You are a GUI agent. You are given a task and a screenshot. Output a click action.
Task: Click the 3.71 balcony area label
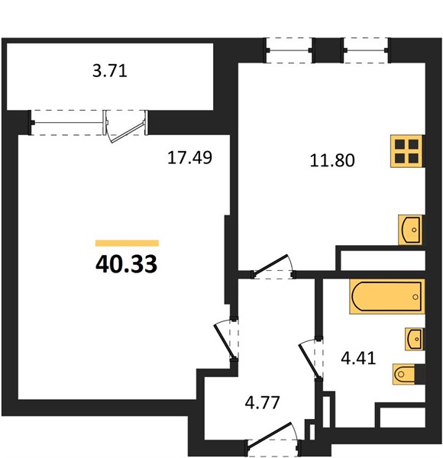(110, 71)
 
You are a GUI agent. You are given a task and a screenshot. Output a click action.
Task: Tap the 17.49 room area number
(190, 157)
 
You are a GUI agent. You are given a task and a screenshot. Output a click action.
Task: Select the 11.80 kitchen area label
(332, 160)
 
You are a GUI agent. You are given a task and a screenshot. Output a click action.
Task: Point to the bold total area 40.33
(127, 264)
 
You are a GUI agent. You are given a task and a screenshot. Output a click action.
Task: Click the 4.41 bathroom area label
(358, 358)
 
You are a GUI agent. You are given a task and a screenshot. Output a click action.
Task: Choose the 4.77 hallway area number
(263, 402)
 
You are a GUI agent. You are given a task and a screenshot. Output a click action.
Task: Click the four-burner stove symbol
(407, 151)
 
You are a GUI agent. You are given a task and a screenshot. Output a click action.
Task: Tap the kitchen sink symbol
(411, 230)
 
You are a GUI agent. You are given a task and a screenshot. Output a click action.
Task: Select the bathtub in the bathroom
(387, 296)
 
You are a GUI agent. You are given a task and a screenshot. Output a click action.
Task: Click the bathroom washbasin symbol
(414, 339)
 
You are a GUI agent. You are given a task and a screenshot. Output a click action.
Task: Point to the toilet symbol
(404, 374)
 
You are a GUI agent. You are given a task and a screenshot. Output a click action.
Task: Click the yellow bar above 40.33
(127, 243)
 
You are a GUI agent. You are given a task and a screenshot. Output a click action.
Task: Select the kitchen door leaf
(270, 266)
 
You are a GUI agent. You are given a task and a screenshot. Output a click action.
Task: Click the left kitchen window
(289, 50)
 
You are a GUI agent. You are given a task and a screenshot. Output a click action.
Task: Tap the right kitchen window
(366, 50)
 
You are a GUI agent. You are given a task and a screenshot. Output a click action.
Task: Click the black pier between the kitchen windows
(328, 50)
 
